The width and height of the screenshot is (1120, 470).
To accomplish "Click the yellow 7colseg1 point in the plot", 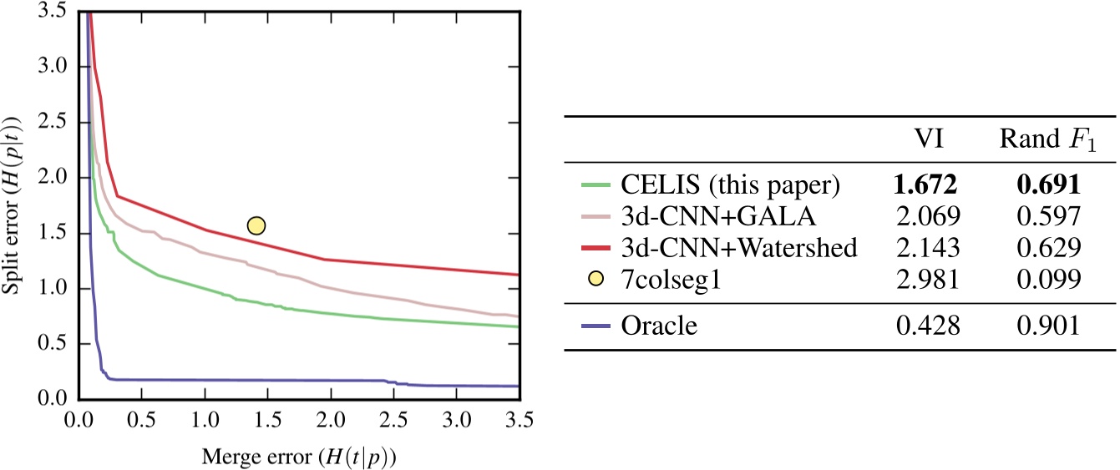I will tap(256, 225).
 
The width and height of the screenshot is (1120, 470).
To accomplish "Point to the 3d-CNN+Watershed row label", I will tap(739, 247).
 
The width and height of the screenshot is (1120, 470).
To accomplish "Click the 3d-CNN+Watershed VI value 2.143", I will tap(928, 247).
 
